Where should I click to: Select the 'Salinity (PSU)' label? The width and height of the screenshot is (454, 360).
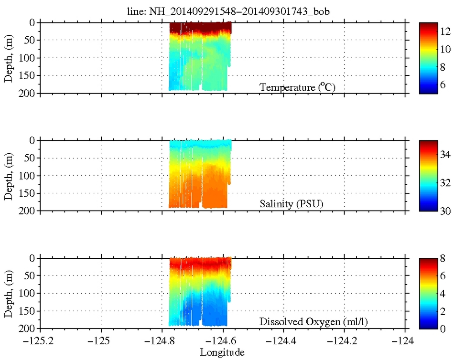pyautogui.click(x=292, y=204)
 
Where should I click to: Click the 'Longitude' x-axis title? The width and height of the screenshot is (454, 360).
pyautogui.click(x=222, y=352)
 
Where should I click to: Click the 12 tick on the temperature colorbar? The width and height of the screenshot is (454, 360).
pyautogui.click(x=445, y=31)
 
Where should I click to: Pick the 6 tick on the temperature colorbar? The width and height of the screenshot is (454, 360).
pyautogui.click(x=443, y=85)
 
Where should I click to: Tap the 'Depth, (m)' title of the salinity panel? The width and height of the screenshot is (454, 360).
pyautogui.click(x=9, y=176)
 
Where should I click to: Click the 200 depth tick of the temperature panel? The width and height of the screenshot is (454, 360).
pyautogui.click(x=28, y=93)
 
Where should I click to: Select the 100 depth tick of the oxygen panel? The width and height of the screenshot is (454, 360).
pyautogui.click(x=28, y=294)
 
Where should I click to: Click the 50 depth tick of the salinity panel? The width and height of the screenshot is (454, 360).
pyautogui.click(x=30, y=158)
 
